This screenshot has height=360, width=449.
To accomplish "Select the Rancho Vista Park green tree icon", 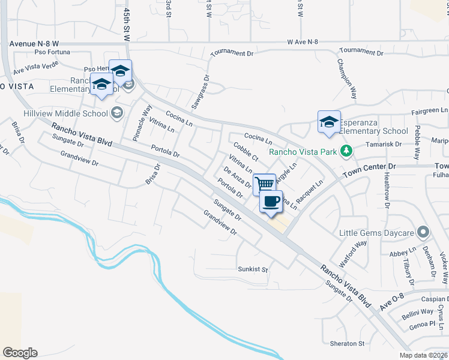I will tap(346, 151).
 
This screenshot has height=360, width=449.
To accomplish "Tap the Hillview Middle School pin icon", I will tap(116, 113).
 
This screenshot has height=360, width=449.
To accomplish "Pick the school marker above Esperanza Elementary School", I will tap(329, 122).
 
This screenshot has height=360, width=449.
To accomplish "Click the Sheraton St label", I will tap(347, 344).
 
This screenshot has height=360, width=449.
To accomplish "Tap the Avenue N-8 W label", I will tap(34, 44).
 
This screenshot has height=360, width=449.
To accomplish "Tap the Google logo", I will tap(20, 353).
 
